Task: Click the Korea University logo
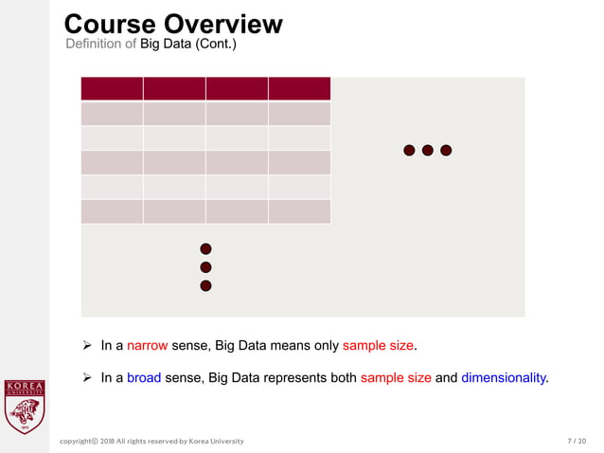(25, 407)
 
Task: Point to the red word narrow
(147, 346)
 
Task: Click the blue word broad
(144, 377)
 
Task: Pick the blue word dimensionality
(504, 377)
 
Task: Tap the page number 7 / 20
(577, 441)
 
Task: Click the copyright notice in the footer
(151, 441)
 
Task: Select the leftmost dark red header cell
(112, 88)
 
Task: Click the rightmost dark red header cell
(299, 88)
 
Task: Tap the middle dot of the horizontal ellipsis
(428, 150)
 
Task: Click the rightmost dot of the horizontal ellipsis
(446, 150)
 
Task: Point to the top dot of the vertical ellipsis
(205, 248)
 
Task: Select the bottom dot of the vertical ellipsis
(205, 285)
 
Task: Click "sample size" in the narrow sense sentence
(378, 346)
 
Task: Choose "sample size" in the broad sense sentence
(396, 377)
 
